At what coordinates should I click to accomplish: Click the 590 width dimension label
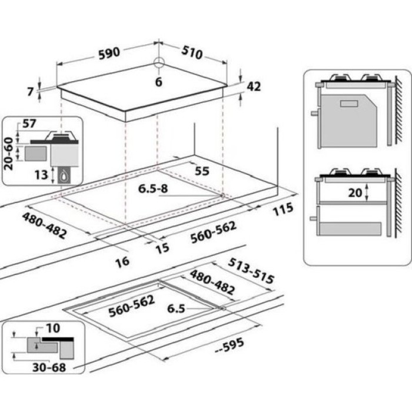[x=109, y=54]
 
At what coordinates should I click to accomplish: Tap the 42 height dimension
[x=254, y=86]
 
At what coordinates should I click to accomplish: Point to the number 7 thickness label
[x=31, y=92]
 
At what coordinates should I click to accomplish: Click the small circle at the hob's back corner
[x=159, y=62]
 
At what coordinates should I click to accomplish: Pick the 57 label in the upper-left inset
[x=29, y=124]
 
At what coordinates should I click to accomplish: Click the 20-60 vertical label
[x=8, y=154]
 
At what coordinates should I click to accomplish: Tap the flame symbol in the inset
[x=64, y=175]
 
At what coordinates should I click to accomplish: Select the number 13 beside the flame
[x=41, y=174]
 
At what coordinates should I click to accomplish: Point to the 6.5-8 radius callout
[x=153, y=189]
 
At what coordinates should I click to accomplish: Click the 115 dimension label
[x=283, y=209]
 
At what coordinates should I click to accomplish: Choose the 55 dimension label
[x=202, y=171]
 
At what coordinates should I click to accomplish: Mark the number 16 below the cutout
[x=122, y=262]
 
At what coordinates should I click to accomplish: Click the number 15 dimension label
[x=162, y=248]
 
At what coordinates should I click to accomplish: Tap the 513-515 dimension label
[x=251, y=271]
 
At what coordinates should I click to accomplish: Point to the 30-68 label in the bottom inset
[x=49, y=367]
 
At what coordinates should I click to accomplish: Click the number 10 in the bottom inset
[x=53, y=328]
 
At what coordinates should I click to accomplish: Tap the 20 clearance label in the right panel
[x=355, y=193]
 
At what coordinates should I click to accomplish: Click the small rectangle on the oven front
[x=348, y=103]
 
